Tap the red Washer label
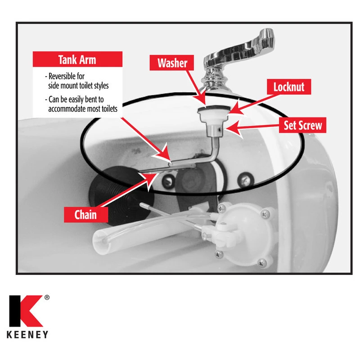[172, 63]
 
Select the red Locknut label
[292, 86]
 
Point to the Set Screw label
[302, 125]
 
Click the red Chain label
[85, 214]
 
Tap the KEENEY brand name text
[28, 335]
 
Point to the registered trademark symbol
[47, 298]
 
